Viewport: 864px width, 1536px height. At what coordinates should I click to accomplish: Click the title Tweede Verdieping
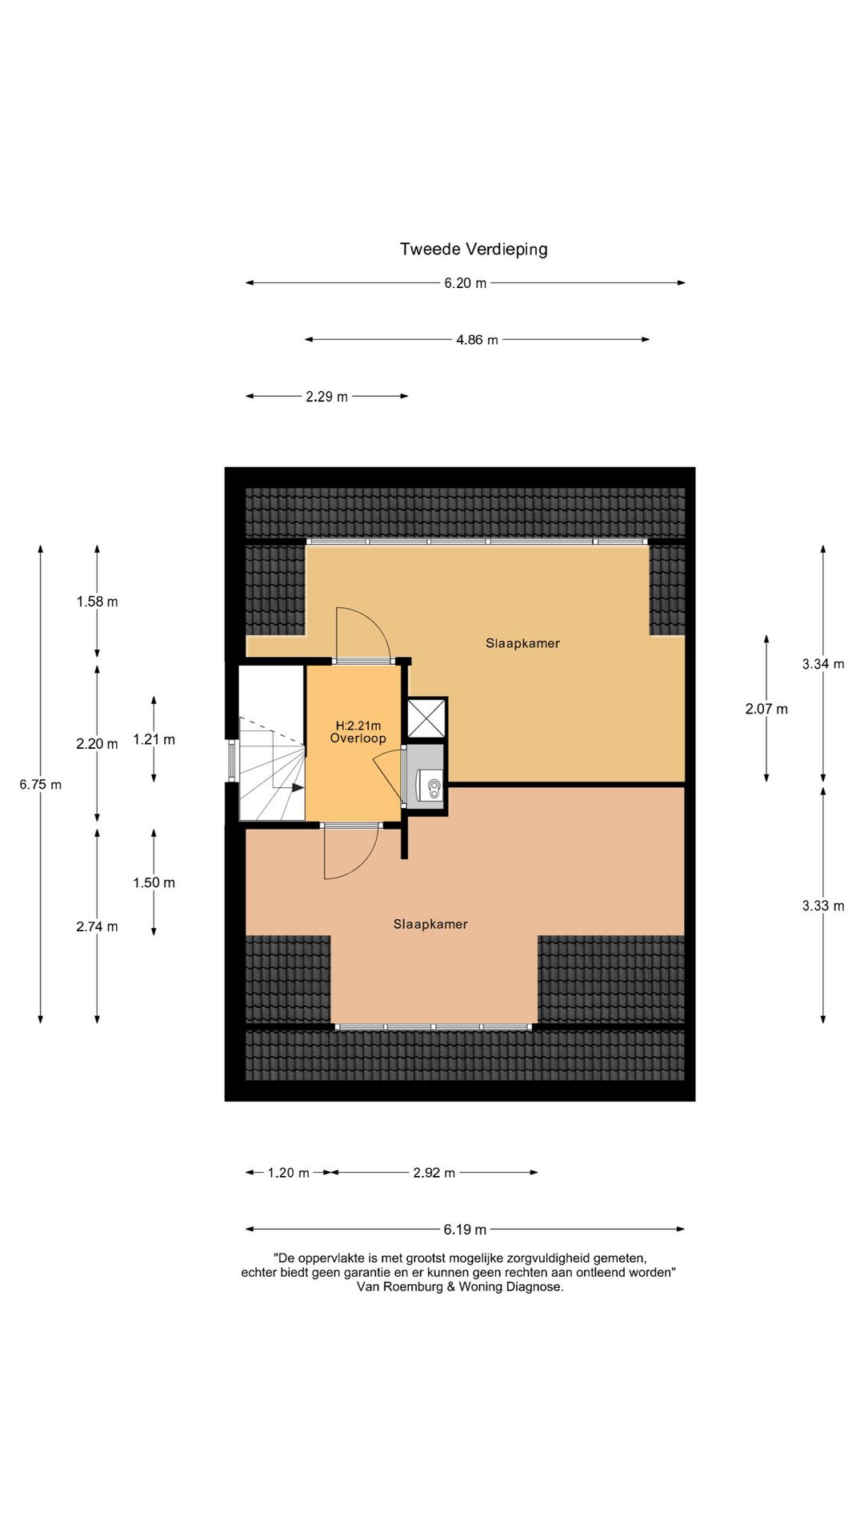474,249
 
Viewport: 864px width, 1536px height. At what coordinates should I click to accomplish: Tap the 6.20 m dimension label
466,283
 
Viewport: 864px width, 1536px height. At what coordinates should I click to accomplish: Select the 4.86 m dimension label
477,340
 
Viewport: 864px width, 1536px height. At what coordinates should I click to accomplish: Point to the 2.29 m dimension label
326,397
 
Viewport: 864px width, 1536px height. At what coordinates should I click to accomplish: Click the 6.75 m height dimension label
41,785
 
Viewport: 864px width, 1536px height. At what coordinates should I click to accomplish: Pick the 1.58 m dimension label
98,602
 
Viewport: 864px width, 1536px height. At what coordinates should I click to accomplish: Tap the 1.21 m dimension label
154,740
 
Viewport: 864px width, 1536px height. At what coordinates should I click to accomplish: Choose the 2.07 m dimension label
766,709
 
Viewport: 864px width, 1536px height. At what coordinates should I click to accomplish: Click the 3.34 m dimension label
823,664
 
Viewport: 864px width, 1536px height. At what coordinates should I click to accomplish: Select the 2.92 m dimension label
434,1173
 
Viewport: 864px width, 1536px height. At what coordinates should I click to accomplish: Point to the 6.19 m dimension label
465,1230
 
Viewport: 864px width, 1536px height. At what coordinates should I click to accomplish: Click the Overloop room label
358,738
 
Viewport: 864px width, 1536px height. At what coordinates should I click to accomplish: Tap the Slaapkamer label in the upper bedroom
522,643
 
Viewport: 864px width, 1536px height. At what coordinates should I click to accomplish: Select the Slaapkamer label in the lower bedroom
430,924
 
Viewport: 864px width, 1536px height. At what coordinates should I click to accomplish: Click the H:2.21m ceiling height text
358,726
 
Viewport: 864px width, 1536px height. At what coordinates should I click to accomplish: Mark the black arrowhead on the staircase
298,788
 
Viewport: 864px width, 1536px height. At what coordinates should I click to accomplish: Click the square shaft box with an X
426,718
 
